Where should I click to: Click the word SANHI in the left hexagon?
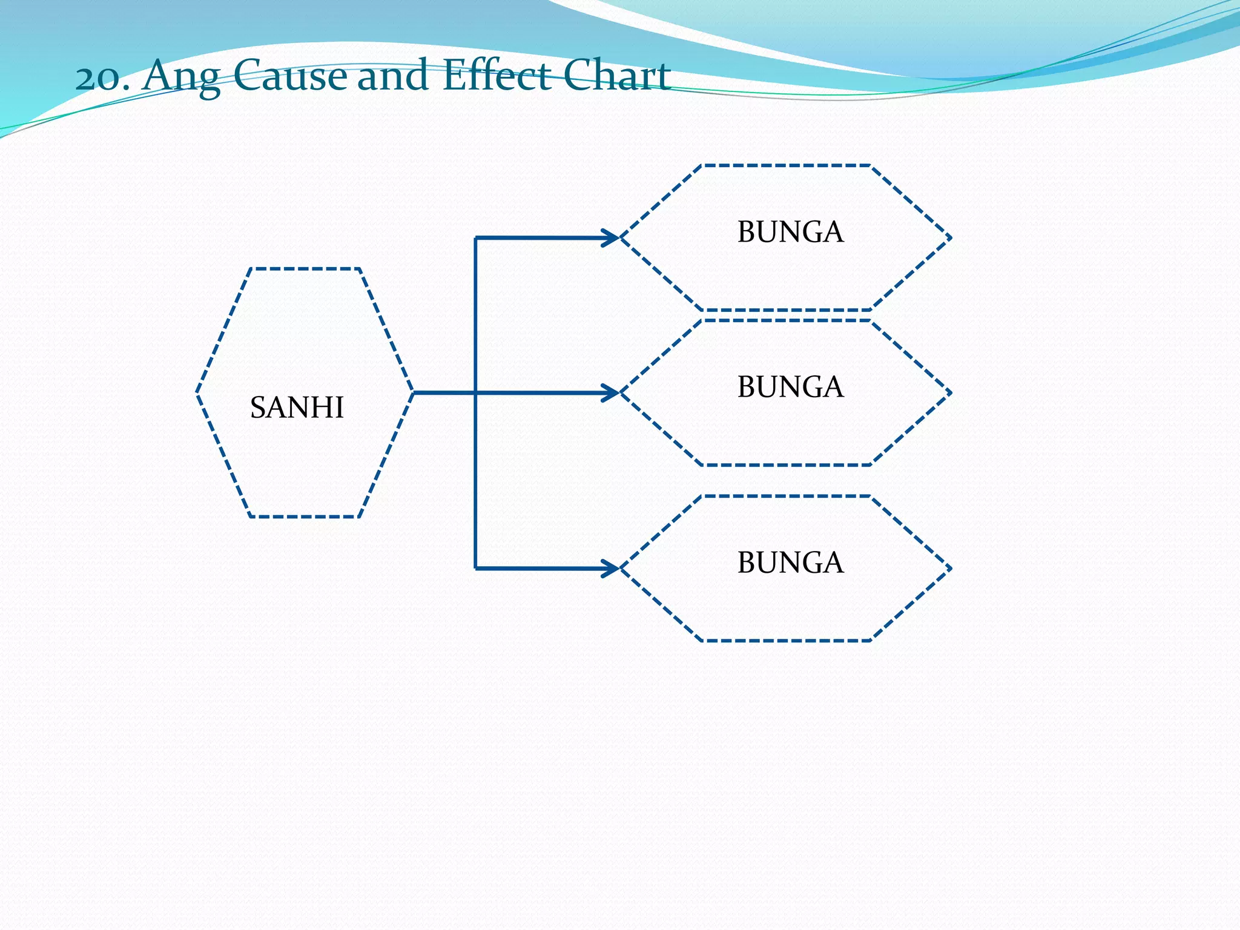[x=297, y=407]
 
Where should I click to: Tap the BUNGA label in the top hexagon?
[x=790, y=232]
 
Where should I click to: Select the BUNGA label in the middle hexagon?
[x=790, y=387]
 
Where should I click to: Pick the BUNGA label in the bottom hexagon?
[x=790, y=563]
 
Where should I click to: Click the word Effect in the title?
[x=496, y=76]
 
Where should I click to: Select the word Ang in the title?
[x=180, y=77]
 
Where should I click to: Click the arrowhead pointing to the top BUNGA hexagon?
[x=610, y=238]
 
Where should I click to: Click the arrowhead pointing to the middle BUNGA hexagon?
[x=610, y=393]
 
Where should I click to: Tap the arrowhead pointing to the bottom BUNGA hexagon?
[x=610, y=569]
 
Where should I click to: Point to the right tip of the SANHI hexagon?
[x=413, y=392]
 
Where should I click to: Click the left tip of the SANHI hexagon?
[x=197, y=392]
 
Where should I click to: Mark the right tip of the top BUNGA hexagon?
[x=951, y=238]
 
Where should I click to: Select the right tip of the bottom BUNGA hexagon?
[x=951, y=569]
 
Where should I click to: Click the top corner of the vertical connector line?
[x=476, y=238]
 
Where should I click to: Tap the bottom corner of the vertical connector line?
[x=476, y=569]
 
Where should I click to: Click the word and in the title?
[x=394, y=76]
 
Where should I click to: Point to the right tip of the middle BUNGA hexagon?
[x=951, y=393]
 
